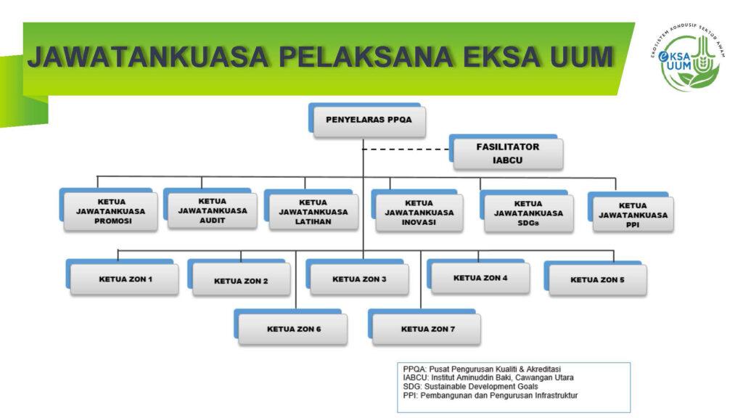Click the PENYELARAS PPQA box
coord(369,121)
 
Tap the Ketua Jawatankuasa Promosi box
coord(111,212)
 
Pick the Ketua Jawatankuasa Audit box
coord(212,210)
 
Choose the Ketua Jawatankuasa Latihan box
coord(313,212)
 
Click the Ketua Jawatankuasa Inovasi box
coord(419,213)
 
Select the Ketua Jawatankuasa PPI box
coord(633,215)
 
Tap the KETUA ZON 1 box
coord(125,279)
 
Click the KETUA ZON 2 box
coord(241,280)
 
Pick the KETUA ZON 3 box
coord(359,279)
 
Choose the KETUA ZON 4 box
coord(480,278)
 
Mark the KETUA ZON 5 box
coord(597,279)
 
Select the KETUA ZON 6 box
coord(293,329)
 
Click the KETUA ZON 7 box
coord(427,329)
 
